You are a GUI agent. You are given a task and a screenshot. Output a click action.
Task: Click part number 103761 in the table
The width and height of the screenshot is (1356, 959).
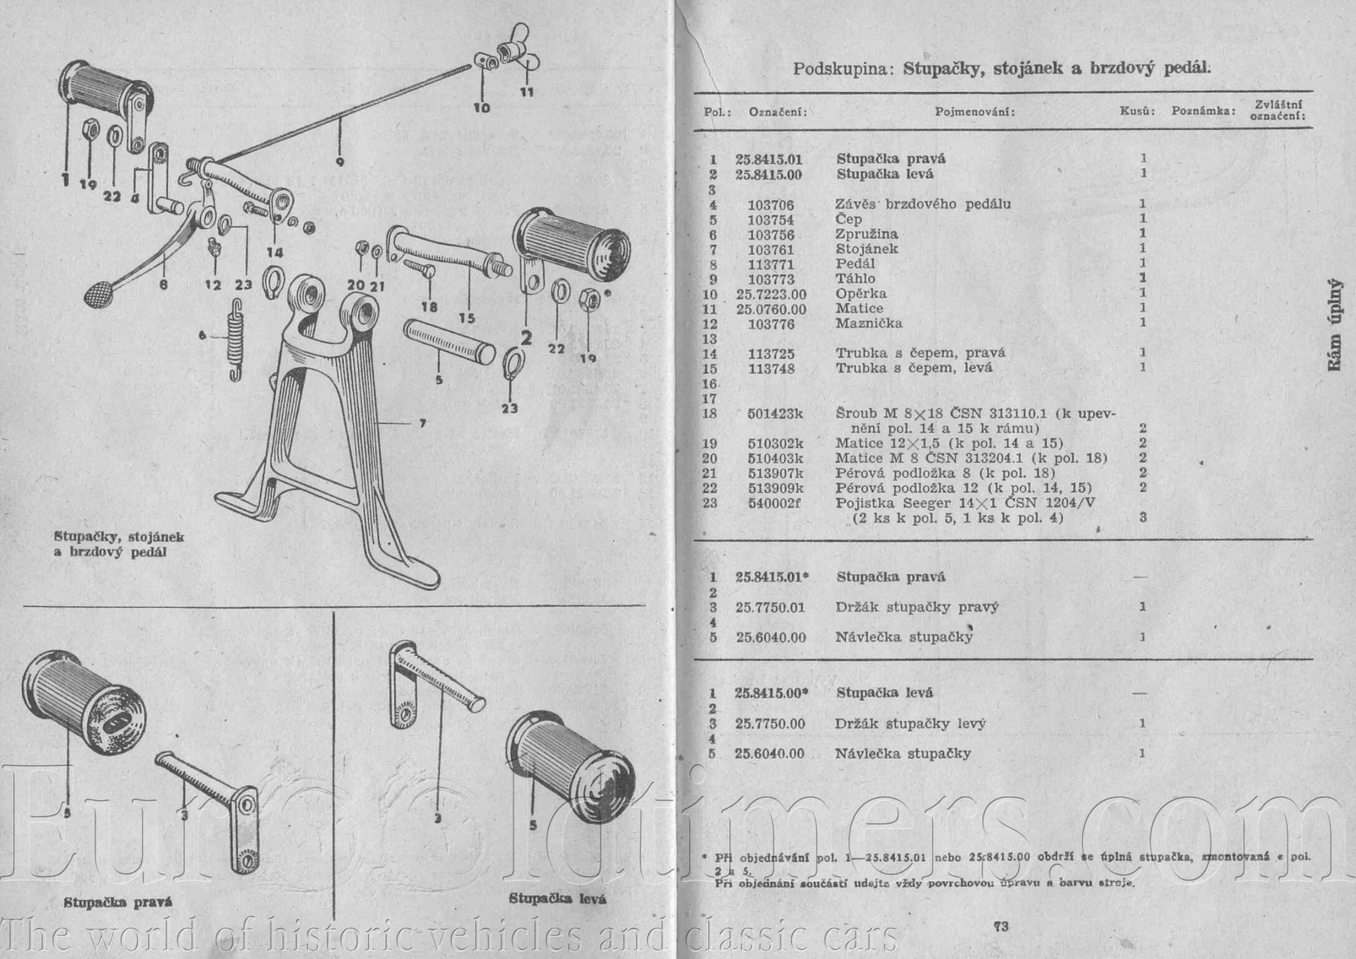[x=771, y=249]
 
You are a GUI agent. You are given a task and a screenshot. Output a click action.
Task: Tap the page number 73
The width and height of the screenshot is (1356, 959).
[x=1000, y=926]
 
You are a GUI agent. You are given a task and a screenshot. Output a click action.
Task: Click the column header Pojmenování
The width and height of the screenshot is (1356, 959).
[x=975, y=112]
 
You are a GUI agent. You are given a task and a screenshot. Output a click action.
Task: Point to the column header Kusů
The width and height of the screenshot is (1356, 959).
[x=1137, y=111]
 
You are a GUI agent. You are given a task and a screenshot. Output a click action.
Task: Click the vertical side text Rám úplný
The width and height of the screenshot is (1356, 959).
[x=1333, y=325]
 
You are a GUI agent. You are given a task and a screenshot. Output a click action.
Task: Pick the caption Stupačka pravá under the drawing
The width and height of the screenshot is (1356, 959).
[x=118, y=902]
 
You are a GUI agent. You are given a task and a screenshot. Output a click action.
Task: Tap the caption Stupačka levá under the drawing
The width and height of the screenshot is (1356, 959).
[x=557, y=899]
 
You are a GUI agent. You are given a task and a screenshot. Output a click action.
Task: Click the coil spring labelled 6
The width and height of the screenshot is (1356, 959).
[x=235, y=340]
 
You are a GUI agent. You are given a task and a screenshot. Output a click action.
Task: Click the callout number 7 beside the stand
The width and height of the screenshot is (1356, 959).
[x=422, y=423]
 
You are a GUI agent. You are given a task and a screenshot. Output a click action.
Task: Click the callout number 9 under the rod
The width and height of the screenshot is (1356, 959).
[x=340, y=161]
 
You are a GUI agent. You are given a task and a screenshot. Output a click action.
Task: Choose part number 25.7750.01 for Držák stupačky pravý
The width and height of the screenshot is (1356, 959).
[x=770, y=607]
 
